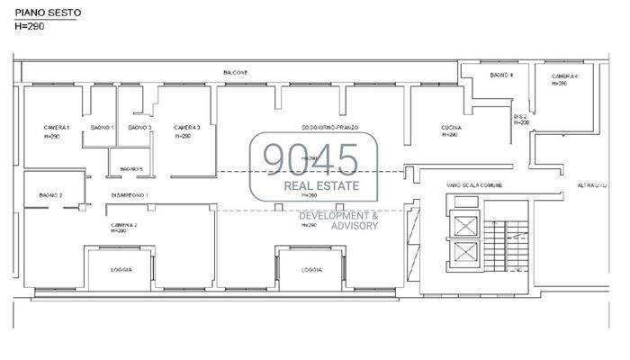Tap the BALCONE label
(x=236, y=72)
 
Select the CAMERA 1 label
(x=56, y=128)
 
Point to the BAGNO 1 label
(x=103, y=128)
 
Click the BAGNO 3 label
(x=139, y=128)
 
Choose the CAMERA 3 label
(x=186, y=128)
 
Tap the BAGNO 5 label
(x=130, y=168)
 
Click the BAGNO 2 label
(x=49, y=195)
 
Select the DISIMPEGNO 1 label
(x=130, y=195)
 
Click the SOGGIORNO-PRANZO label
(x=330, y=128)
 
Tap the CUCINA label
(x=451, y=128)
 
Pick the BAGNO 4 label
(x=502, y=76)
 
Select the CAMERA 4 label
(x=564, y=76)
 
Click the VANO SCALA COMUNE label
(x=474, y=185)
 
